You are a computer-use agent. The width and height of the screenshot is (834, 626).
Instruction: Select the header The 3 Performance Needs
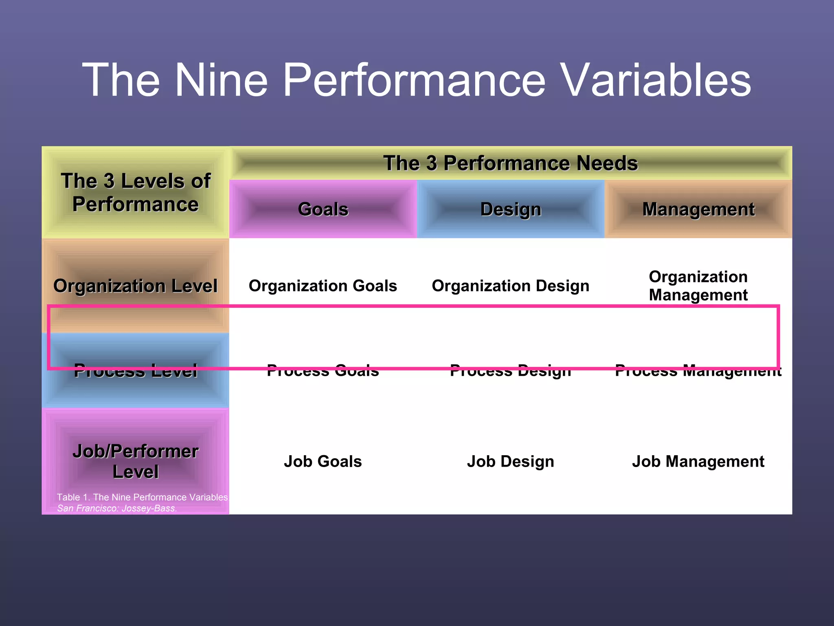click(510, 163)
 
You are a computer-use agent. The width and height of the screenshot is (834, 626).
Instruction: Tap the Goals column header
click(323, 209)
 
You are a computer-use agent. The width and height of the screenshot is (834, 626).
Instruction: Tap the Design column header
click(511, 209)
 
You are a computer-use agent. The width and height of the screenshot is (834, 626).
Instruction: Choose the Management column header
click(698, 209)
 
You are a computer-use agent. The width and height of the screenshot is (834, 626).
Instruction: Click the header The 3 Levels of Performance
click(136, 192)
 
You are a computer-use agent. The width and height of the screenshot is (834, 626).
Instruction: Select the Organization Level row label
click(136, 286)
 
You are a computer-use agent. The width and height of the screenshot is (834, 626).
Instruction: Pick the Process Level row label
click(136, 371)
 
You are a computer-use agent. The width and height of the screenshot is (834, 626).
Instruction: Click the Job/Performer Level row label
click(136, 461)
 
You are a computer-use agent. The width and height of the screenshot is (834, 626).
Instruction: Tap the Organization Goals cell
click(323, 286)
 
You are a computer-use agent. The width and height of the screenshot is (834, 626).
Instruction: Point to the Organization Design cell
click(511, 286)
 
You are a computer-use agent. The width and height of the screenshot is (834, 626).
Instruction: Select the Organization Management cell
click(698, 286)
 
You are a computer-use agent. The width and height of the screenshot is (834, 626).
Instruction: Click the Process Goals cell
click(323, 371)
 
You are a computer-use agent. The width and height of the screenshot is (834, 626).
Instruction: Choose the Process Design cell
click(511, 371)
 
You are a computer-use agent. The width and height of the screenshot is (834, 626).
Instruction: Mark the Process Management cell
click(698, 371)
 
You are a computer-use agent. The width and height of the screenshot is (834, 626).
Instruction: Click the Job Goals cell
click(323, 461)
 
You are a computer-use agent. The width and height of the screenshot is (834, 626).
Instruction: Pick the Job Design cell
click(511, 461)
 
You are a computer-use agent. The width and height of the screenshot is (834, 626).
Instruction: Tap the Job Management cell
click(698, 461)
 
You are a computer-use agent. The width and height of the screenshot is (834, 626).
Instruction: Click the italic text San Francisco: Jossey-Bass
click(117, 508)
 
